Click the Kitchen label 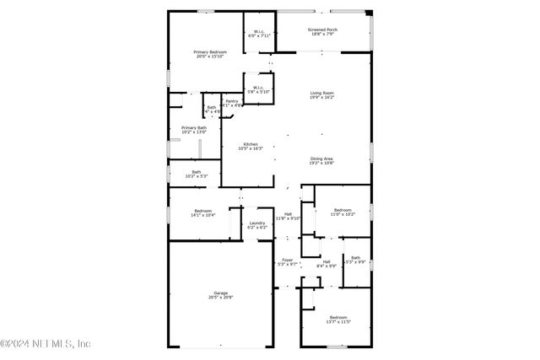(251, 144)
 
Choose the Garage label (220, 293)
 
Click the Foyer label (288, 261)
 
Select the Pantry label (231, 101)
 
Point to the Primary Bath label (194, 127)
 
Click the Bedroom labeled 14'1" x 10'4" (203, 211)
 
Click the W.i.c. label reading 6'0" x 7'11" (258, 32)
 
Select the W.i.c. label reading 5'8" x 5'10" (257, 88)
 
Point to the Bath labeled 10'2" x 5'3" (196, 172)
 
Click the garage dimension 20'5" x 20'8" (220, 298)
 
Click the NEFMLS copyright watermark (46, 344)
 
